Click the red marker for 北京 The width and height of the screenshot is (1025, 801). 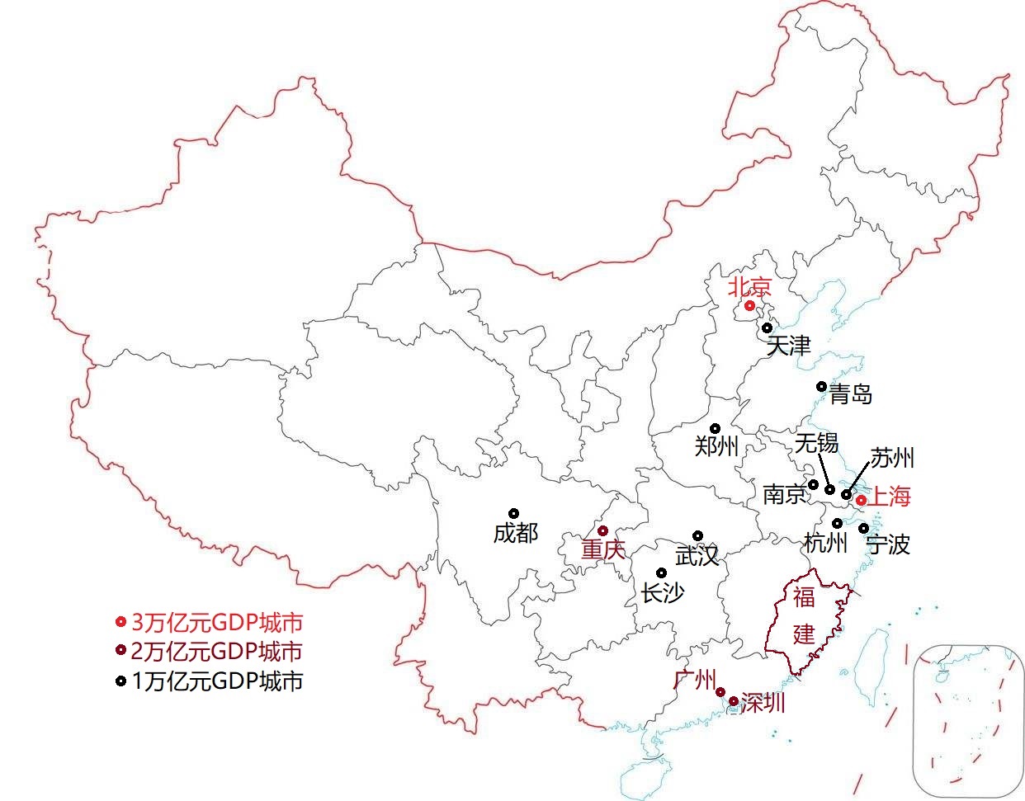tap(749, 306)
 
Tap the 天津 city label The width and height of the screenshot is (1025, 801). tap(788, 346)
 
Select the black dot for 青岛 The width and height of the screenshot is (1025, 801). tap(821, 386)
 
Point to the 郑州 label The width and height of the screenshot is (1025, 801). tap(716, 446)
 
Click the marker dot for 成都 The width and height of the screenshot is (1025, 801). tap(513, 513)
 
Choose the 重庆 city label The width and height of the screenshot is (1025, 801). tap(603, 550)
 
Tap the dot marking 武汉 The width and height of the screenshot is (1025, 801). tap(697, 535)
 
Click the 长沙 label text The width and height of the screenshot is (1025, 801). tap(663, 592)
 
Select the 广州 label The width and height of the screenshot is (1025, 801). tap(694, 680)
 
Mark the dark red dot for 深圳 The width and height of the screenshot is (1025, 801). tap(734, 701)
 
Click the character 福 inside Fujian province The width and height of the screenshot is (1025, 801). tap(804, 596)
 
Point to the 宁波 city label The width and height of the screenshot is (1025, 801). tap(887, 544)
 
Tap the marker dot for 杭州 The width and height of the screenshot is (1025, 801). tap(837, 522)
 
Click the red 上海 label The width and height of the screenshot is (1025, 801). tap(890, 497)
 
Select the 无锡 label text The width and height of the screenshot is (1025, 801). tap(816, 444)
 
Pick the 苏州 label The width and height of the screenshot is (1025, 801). tap(892, 458)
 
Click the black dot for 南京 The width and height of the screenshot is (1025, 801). tap(813, 484)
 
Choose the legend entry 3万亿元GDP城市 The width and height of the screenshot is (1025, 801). tap(217, 622)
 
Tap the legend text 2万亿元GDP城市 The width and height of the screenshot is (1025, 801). tap(217, 652)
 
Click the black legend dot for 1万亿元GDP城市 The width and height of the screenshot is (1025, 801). tap(120, 681)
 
